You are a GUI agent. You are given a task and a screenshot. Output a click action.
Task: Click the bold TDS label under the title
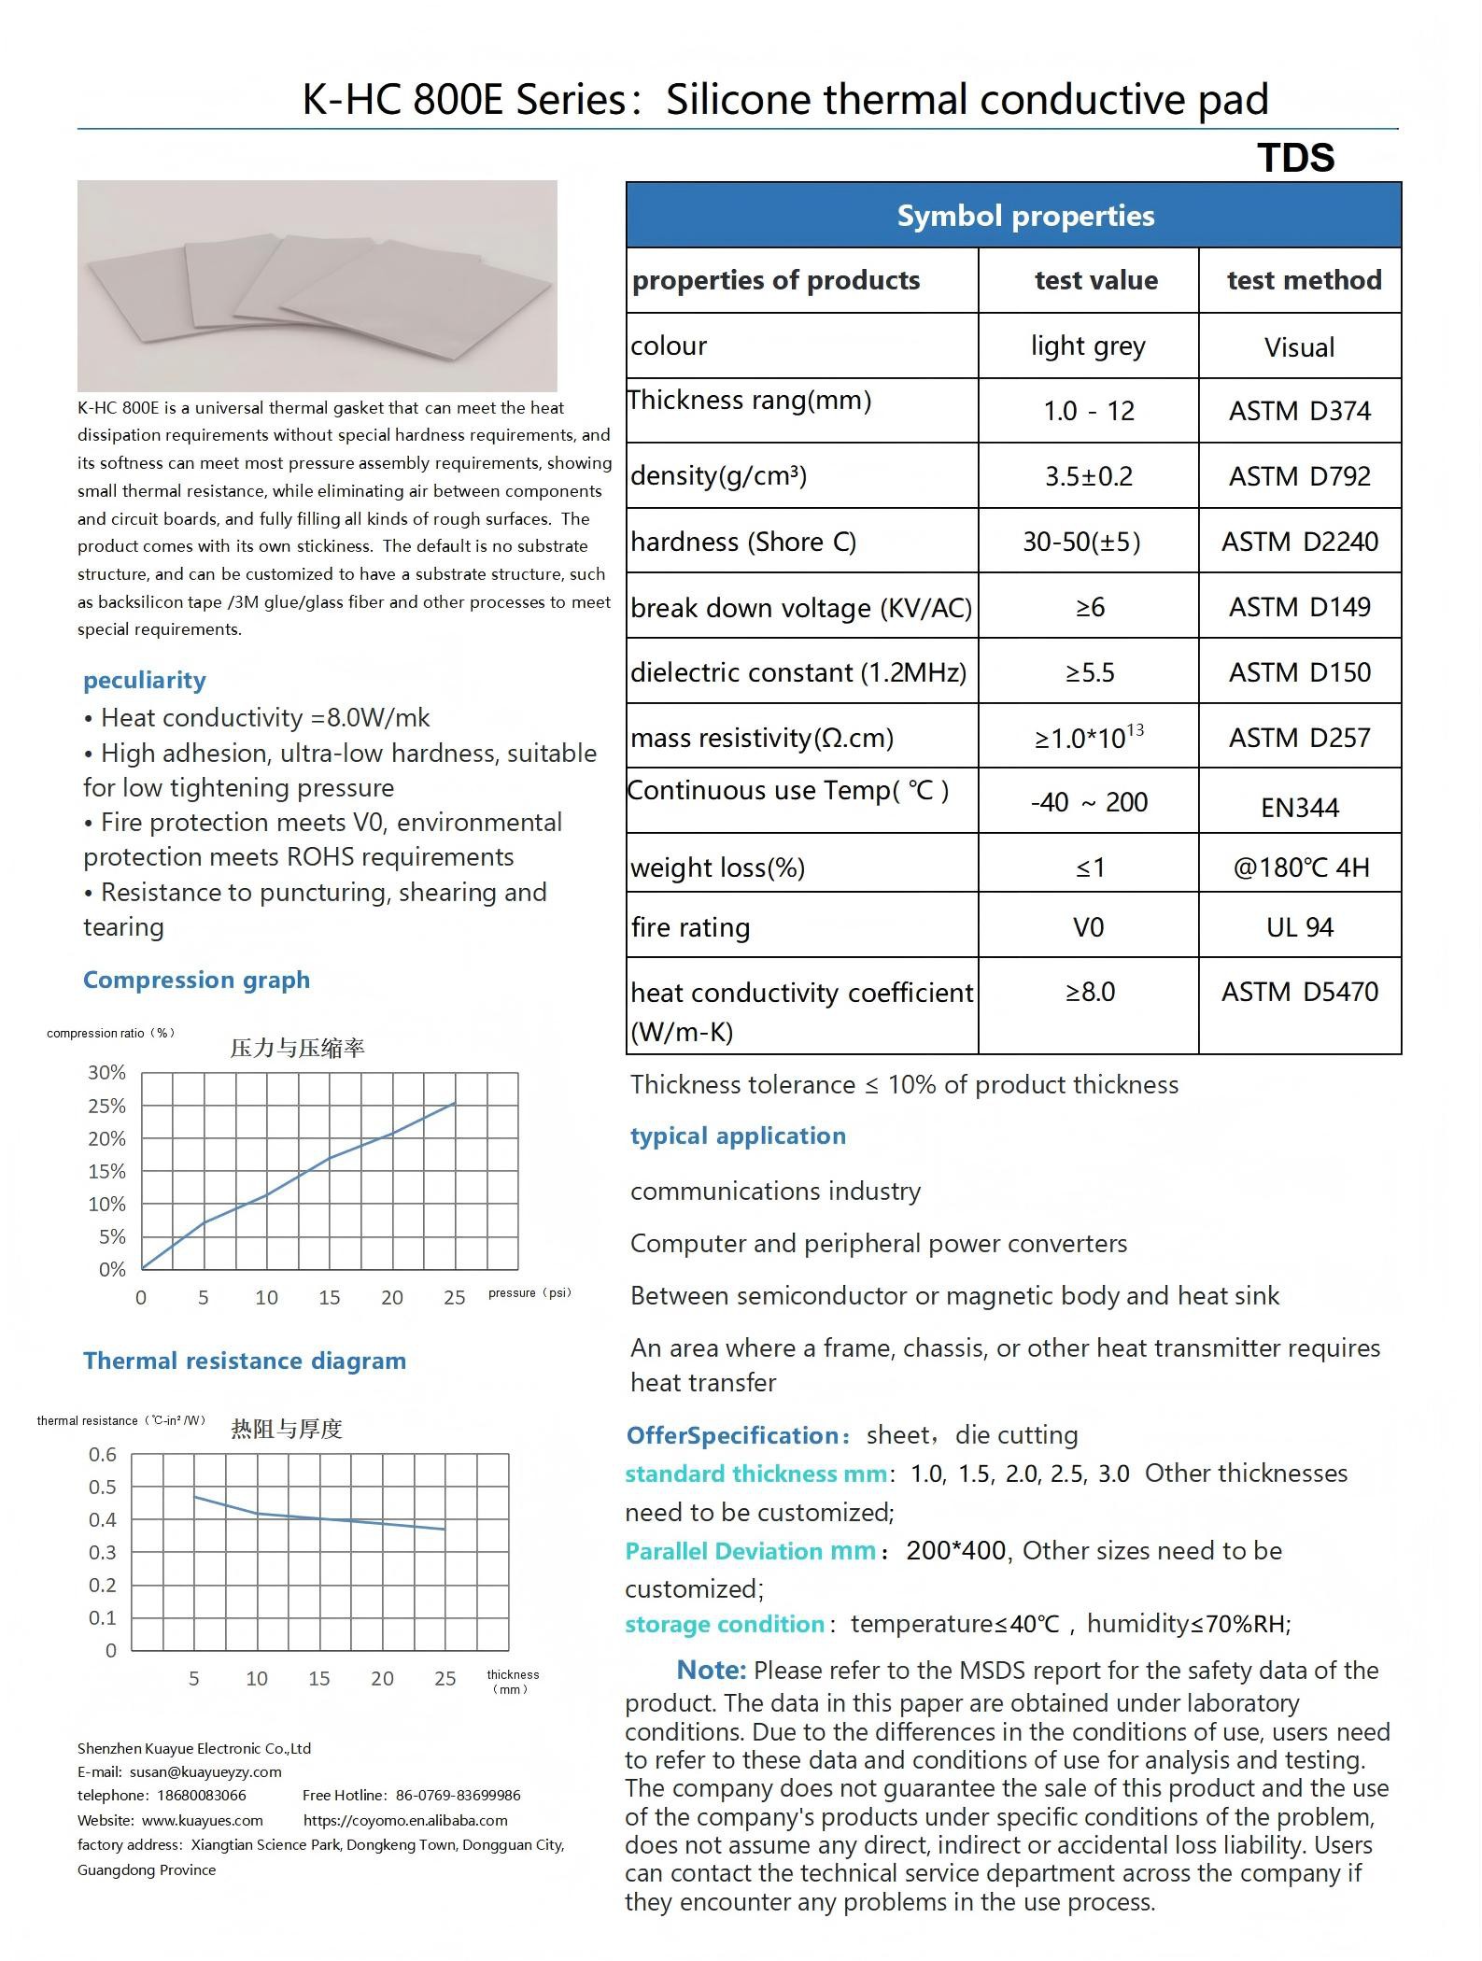[1295, 158]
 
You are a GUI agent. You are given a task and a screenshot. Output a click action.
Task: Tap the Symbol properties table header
[1025, 216]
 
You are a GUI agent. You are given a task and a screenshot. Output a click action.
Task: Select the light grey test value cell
[1088, 346]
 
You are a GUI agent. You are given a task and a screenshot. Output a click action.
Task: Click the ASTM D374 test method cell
[1299, 411]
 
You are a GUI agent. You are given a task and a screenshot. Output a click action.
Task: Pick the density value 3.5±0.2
[1088, 476]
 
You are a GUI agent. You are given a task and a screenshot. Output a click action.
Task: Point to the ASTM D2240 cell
[1299, 542]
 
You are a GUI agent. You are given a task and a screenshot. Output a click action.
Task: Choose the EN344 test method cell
[1299, 807]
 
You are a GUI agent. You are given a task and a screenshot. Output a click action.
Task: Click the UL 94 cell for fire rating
[1299, 927]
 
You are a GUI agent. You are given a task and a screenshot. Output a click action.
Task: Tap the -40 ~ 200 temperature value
[1088, 802]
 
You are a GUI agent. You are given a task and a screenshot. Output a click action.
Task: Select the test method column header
[1304, 280]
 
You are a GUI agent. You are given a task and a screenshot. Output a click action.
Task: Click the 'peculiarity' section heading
[145, 680]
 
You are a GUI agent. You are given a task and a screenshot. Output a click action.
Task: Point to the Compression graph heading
[196, 980]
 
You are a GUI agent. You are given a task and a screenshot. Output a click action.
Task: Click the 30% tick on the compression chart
[106, 1073]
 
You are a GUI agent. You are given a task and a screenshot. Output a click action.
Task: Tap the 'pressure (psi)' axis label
[529, 1293]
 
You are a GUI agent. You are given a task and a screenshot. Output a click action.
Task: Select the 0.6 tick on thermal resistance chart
[103, 1455]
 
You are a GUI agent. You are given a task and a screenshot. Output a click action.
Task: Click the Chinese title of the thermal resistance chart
[287, 1429]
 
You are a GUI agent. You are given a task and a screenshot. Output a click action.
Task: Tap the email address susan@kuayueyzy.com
[205, 1771]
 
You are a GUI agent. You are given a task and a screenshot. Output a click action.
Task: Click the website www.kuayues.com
[202, 1820]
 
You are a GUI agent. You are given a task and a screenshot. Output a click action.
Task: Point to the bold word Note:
[711, 1670]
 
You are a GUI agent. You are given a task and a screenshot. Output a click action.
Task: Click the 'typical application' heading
[738, 1136]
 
